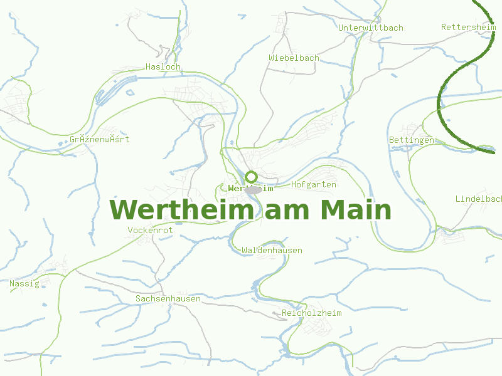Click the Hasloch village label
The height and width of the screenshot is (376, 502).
(163, 66)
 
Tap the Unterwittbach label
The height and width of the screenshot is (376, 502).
(370, 28)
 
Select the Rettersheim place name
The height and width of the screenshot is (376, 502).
(468, 28)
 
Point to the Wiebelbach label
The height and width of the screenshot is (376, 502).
(294, 58)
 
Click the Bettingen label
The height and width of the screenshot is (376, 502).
(411, 140)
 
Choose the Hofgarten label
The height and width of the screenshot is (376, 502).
(314, 185)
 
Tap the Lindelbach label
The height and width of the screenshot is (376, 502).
(479, 199)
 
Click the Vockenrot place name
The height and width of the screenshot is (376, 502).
(150, 231)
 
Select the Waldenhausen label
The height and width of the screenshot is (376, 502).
(272, 251)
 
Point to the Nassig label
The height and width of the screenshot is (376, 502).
(24, 284)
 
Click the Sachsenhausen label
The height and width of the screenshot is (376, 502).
(168, 299)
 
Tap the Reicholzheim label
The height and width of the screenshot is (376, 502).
(312, 313)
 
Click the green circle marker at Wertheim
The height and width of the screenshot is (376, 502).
(251, 177)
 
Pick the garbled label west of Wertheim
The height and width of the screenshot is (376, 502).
(100, 139)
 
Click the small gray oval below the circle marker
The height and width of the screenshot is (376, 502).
(254, 189)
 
